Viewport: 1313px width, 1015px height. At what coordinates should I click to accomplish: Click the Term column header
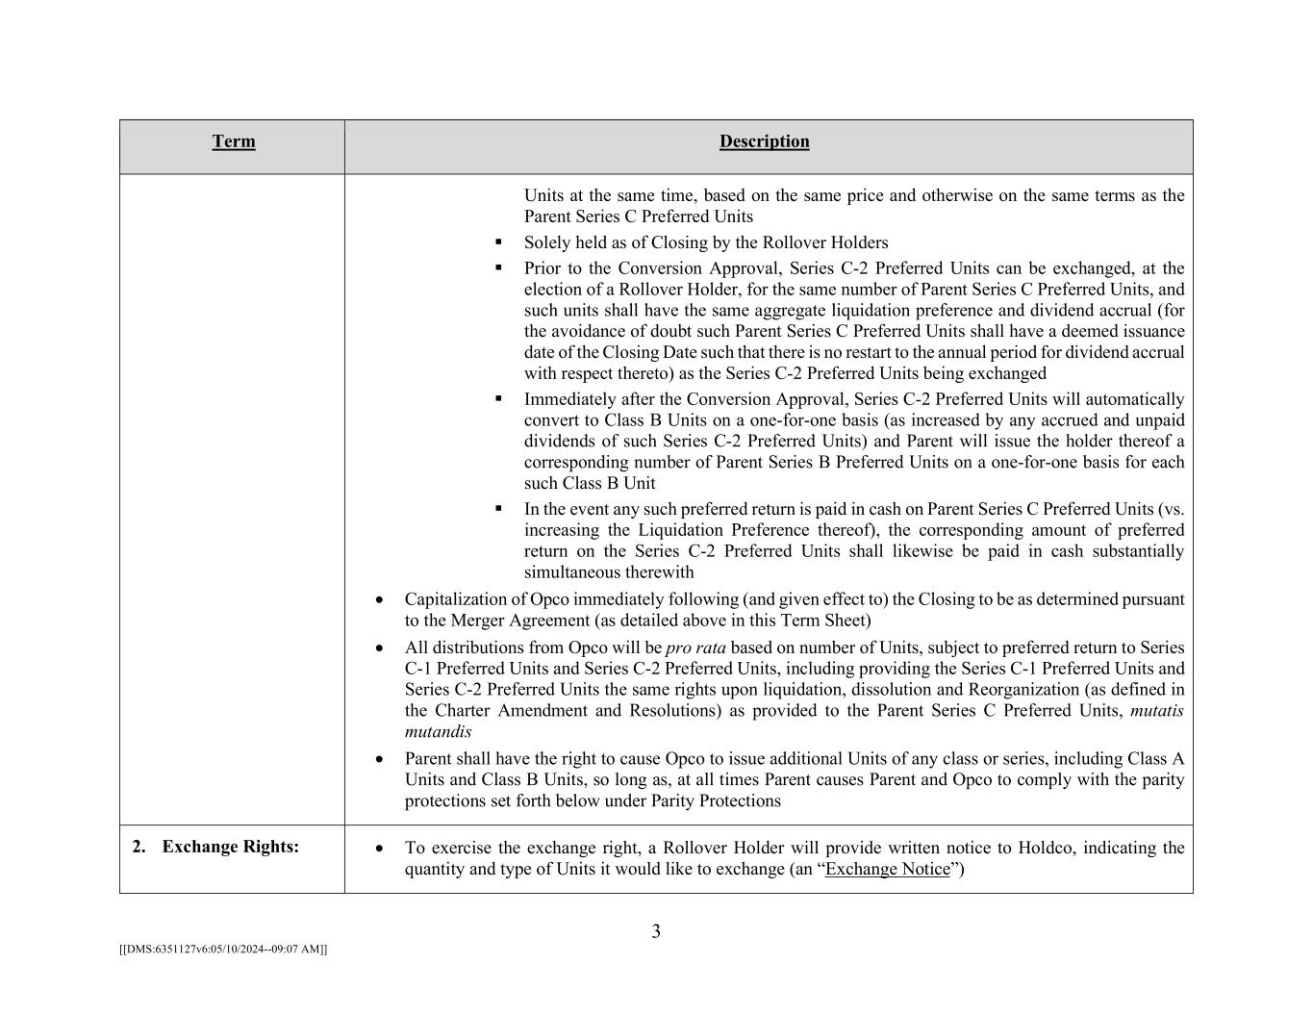[x=234, y=141]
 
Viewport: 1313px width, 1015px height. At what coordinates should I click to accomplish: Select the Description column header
[x=764, y=141]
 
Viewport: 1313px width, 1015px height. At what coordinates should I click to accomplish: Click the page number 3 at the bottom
[x=656, y=931]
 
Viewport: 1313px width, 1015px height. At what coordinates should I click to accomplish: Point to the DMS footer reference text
[x=223, y=949]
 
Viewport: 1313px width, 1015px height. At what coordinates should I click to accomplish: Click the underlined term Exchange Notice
[x=887, y=869]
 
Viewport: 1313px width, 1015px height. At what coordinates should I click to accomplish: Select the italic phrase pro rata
[x=695, y=647]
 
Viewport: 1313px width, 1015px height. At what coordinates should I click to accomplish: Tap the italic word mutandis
[x=438, y=731]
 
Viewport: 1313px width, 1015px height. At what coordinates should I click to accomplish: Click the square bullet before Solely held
[x=498, y=241]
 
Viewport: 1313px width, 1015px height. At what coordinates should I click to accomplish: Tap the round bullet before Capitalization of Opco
[x=380, y=599]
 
